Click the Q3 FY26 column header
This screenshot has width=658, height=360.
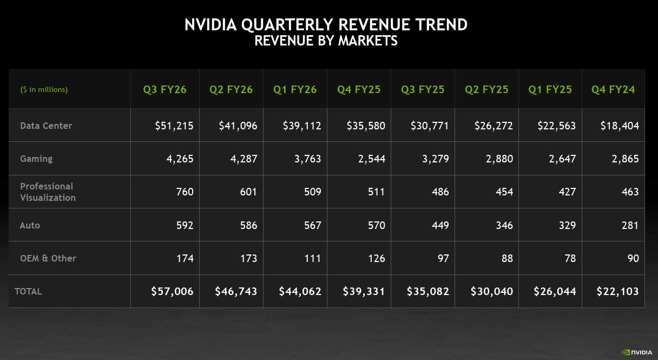(x=164, y=89)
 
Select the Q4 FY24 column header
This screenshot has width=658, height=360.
(x=613, y=89)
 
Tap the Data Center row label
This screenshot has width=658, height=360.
(x=46, y=126)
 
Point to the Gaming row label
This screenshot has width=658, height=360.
(x=36, y=159)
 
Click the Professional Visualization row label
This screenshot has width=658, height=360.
(x=48, y=192)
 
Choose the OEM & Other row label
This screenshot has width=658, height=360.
(x=48, y=258)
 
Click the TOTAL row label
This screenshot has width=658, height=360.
(x=28, y=291)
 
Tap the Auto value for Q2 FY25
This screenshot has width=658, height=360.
(x=504, y=225)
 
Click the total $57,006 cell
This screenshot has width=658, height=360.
(x=172, y=291)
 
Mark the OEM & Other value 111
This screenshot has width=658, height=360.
(x=312, y=258)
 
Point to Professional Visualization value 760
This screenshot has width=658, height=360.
(x=185, y=192)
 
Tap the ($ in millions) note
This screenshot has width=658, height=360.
(x=44, y=89)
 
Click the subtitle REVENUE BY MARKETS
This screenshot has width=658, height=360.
(x=326, y=41)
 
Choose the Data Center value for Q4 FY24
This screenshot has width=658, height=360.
(x=620, y=126)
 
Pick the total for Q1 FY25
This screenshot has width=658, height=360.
(x=555, y=291)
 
